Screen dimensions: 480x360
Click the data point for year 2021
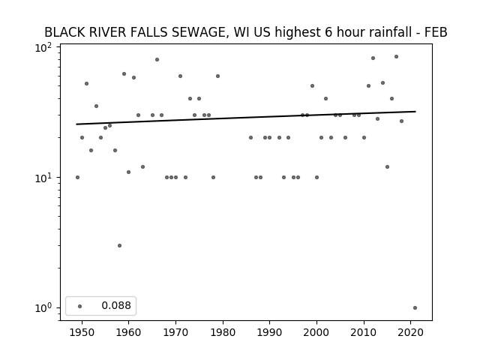pyautogui.click(x=415, y=308)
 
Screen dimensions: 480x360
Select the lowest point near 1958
pyautogui.click(x=120, y=245)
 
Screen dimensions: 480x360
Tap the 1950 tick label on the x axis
pyautogui.click(x=82, y=332)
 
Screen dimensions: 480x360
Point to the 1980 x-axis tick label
pyautogui.click(x=223, y=332)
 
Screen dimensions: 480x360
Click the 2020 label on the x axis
pyautogui.click(x=410, y=332)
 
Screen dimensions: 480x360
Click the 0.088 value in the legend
pyautogui.click(x=116, y=305)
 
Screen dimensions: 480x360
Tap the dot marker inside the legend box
pyautogui.click(x=80, y=306)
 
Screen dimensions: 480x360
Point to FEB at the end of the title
pyautogui.click(x=436, y=32)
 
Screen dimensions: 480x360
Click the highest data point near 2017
pyautogui.click(x=397, y=57)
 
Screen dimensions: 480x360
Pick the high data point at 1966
pyautogui.click(x=157, y=60)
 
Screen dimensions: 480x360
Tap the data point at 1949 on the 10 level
pyautogui.click(x=77, y=178)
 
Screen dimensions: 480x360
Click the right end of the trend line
pyautogui.click(x=415, y=112)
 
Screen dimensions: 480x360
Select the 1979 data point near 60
pyautogui.click(x=218, y=76)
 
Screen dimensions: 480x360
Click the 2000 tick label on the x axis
pyautogui.click(x=316, y=332)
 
